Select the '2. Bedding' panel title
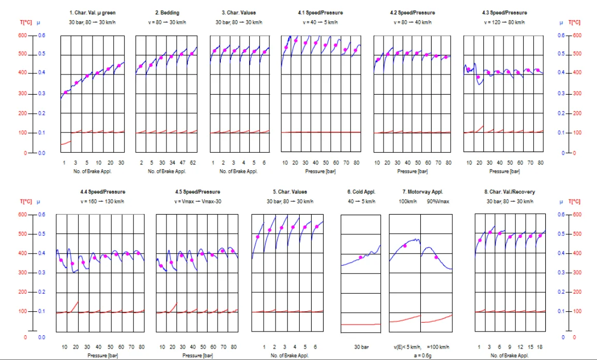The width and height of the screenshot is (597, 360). point(166,11)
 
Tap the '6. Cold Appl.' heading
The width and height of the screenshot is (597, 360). point(360,192)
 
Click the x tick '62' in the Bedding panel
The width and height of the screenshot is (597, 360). point(192,162)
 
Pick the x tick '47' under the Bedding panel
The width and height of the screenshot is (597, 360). point(182,162)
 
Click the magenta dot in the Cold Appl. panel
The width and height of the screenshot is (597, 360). point(361,257)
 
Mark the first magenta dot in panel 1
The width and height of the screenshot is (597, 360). point(66,93)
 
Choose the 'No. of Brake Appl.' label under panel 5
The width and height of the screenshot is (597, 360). point(290,356)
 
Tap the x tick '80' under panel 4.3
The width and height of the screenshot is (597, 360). point(540,162)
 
